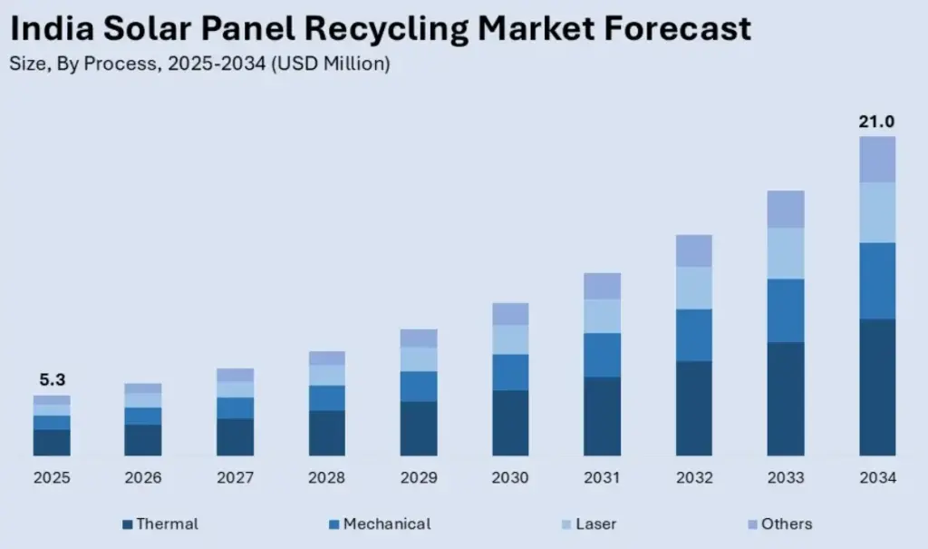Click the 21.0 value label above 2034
coord(876,122)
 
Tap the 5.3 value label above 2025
coord(52,380)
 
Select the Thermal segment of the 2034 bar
coord(876,387)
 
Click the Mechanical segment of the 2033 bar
coord(785,310)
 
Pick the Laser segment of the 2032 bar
coord(693,288)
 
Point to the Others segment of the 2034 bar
coord(876,160)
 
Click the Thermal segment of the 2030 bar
coord(510,423)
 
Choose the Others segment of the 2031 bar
coord(602,286)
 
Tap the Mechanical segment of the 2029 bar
coord(419,387)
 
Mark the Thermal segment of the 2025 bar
coord(52,442)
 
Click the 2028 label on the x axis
coord(326,478)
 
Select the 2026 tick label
coord(143,478)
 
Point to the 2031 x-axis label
coord(602,478)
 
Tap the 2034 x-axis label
coord(876,478)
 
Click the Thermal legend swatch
coord(128,524)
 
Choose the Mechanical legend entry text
coord(387,524)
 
